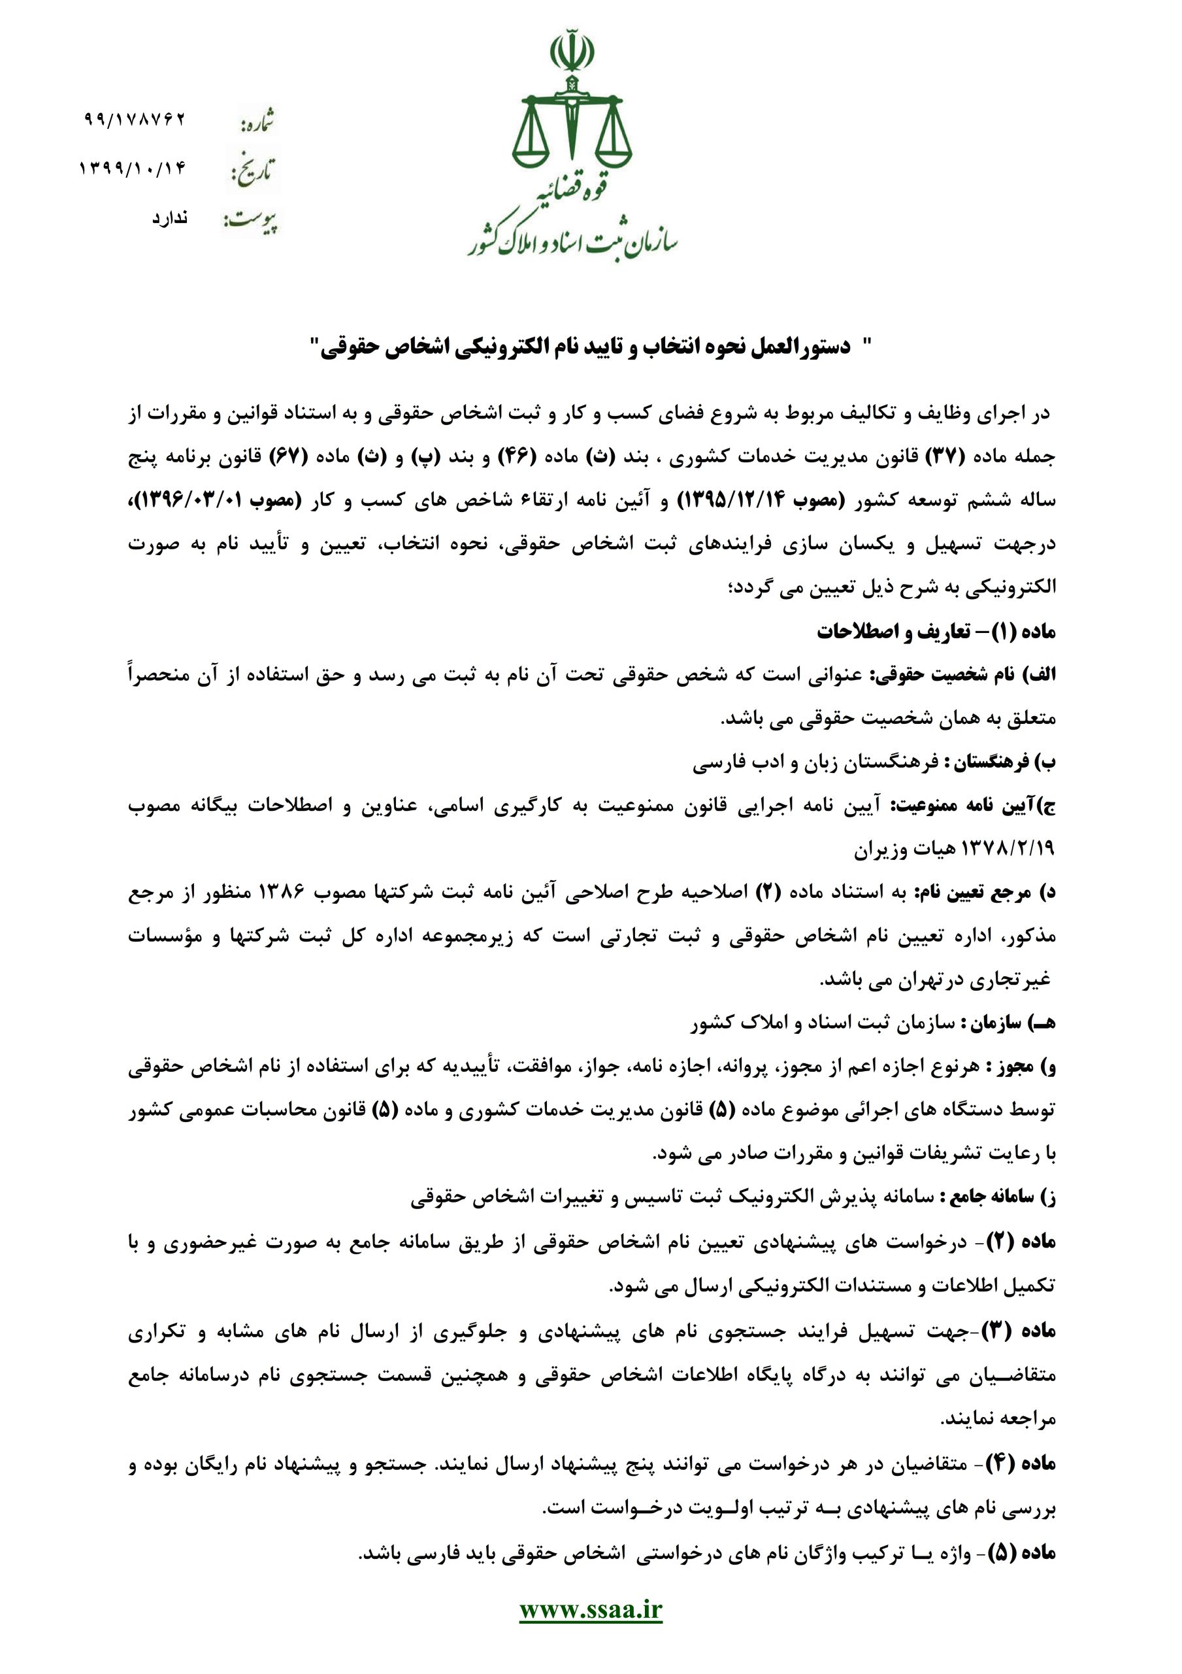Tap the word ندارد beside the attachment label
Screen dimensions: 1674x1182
[169, 218]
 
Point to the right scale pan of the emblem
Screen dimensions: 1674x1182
[612, 154]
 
